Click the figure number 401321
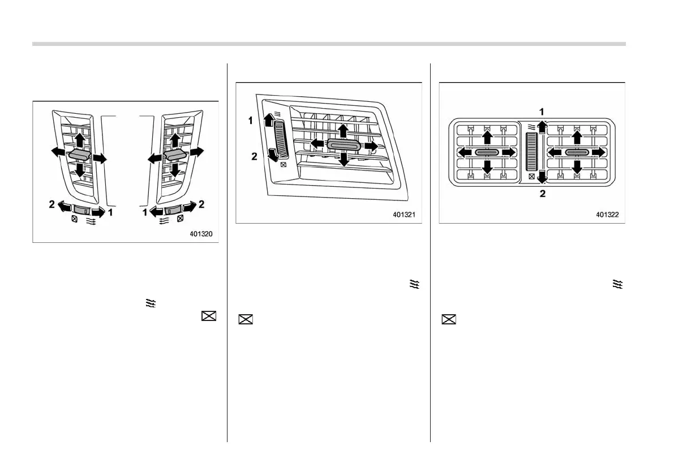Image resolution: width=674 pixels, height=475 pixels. [405, 215]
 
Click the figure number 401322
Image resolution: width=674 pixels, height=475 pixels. [607, 215]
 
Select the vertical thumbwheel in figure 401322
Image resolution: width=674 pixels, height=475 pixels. [531, 152]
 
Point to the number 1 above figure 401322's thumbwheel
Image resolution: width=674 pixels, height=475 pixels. [541, 112]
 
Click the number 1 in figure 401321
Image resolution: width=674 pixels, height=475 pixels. [250, 121]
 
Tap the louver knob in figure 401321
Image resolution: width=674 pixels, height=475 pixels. [343, 146]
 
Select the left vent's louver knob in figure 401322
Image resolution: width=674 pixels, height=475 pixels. [486, 152]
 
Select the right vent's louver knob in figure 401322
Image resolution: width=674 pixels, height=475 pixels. [576, 152]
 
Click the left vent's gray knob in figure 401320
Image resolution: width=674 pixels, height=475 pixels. [79, 155]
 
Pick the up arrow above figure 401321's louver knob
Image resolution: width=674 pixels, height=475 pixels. [343, 130]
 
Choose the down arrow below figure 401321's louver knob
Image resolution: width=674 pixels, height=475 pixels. [343, 160]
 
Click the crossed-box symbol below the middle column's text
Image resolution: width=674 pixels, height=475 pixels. [246, 320]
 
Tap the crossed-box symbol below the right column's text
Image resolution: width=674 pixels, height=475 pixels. [448, 320]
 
